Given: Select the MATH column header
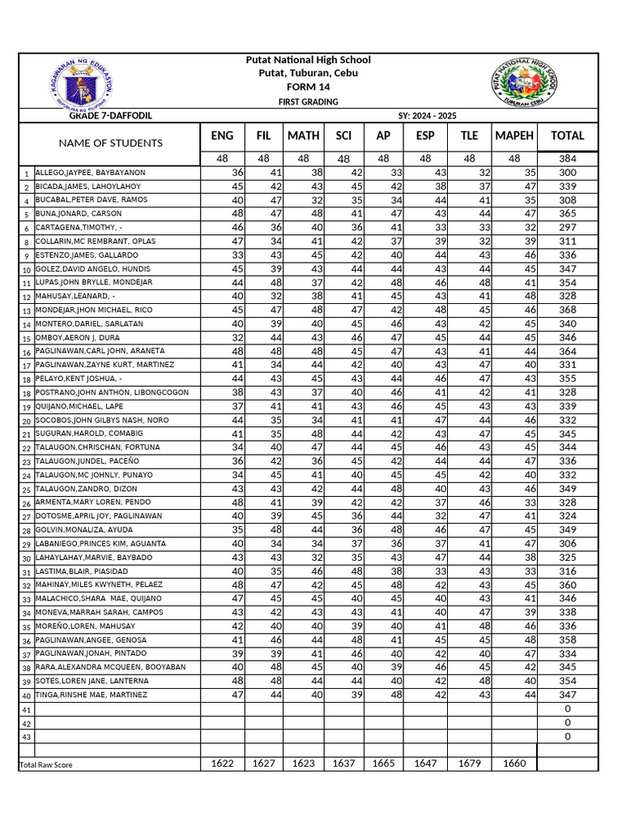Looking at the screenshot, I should [x=303, y=136].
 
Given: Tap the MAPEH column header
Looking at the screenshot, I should [x=513, y=136].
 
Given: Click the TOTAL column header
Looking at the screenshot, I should [x=567, y=136].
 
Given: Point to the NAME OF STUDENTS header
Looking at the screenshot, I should [x=110, y=143].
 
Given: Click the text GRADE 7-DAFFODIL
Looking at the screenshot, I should [x=111, y=116].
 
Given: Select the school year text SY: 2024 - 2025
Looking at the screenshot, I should [x=427, y=116].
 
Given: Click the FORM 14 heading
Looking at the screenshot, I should [x=309, y=87].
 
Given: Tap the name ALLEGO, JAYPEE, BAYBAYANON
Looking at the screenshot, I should [x=90, y=173].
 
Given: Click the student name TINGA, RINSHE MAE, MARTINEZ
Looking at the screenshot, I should [x=92, y=695].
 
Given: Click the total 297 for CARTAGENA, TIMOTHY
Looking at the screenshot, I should [x=567, y=228].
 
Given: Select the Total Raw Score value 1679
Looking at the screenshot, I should [x=470, y=763].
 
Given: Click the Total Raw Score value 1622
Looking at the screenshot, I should [x=222, y=763].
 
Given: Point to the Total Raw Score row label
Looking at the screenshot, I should [x=45, y=764].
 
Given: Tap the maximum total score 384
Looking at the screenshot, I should [x=567, y=159].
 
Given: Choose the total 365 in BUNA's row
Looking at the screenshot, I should [x=567, y=214].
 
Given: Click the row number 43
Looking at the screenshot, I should [x=27, y=738].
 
